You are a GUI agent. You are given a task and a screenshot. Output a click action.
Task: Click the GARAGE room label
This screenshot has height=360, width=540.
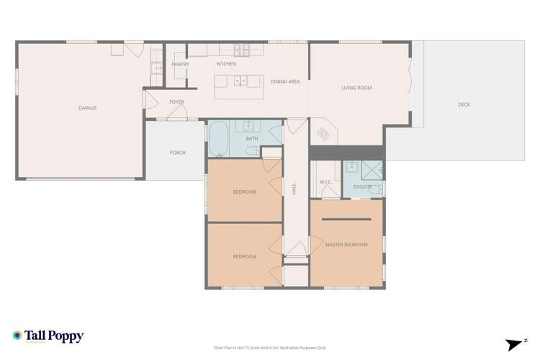click(x=88, y=108)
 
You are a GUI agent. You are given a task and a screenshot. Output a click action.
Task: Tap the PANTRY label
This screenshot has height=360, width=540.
click(x=180, y=64)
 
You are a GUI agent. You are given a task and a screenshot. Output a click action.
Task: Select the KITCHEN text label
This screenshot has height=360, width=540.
click(x=226, y=64)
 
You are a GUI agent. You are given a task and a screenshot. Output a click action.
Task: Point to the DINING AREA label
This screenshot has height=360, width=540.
click(x=285, y=82)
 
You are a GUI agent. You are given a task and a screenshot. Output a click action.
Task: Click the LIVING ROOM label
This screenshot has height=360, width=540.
click(x=356, y=88)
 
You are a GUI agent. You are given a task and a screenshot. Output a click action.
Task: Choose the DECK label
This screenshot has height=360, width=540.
click(x=464, y=105)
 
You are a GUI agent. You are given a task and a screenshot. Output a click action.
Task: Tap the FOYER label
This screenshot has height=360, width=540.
click(x=176, y=102)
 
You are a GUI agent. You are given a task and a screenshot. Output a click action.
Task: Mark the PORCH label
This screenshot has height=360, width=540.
click(x=177, y=153)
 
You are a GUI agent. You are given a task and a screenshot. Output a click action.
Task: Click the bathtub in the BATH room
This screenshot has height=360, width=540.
click(x=218, y=139)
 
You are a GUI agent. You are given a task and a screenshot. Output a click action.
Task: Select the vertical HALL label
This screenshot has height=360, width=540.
click(x=294, y=189)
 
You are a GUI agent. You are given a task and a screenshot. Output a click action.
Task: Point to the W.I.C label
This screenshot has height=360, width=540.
click(x=325, y=181)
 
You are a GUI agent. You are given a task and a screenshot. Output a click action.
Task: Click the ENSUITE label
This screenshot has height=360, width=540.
click(x=363, y=186)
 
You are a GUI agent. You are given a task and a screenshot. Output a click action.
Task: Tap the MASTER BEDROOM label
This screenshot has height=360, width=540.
click(x=346, y=245)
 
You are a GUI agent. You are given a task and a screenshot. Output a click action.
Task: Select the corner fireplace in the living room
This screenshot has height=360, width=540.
click(x=323, y=134)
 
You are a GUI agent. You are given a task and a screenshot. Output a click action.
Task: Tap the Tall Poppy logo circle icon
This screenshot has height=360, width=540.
click(x=17, y=336)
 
